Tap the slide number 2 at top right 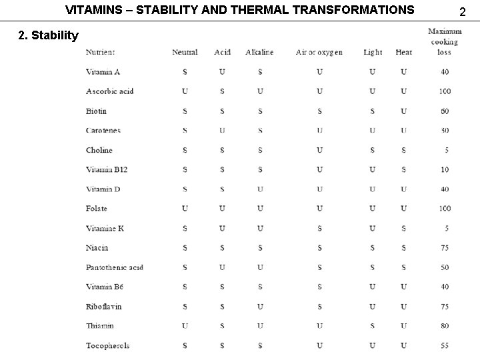pos(465,11)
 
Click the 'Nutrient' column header pos(100,52)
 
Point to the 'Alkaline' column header pos(259,52)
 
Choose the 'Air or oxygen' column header pos(319,52)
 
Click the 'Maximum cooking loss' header pos(444,41)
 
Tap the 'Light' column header pos(373,52)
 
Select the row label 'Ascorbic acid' pos(110,91)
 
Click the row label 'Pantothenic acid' pos(115,267)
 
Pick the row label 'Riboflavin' pos(104,307)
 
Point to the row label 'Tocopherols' pos(108,345)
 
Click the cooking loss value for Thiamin pos(444,326)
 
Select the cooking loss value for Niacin pos(444,248)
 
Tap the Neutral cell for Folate pos(185,209)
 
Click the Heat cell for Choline pos(403,150)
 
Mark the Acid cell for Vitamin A pos(222,72)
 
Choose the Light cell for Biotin pos(373,111)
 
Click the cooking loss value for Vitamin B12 pos(444,169)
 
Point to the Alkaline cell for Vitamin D pos(259,189)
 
